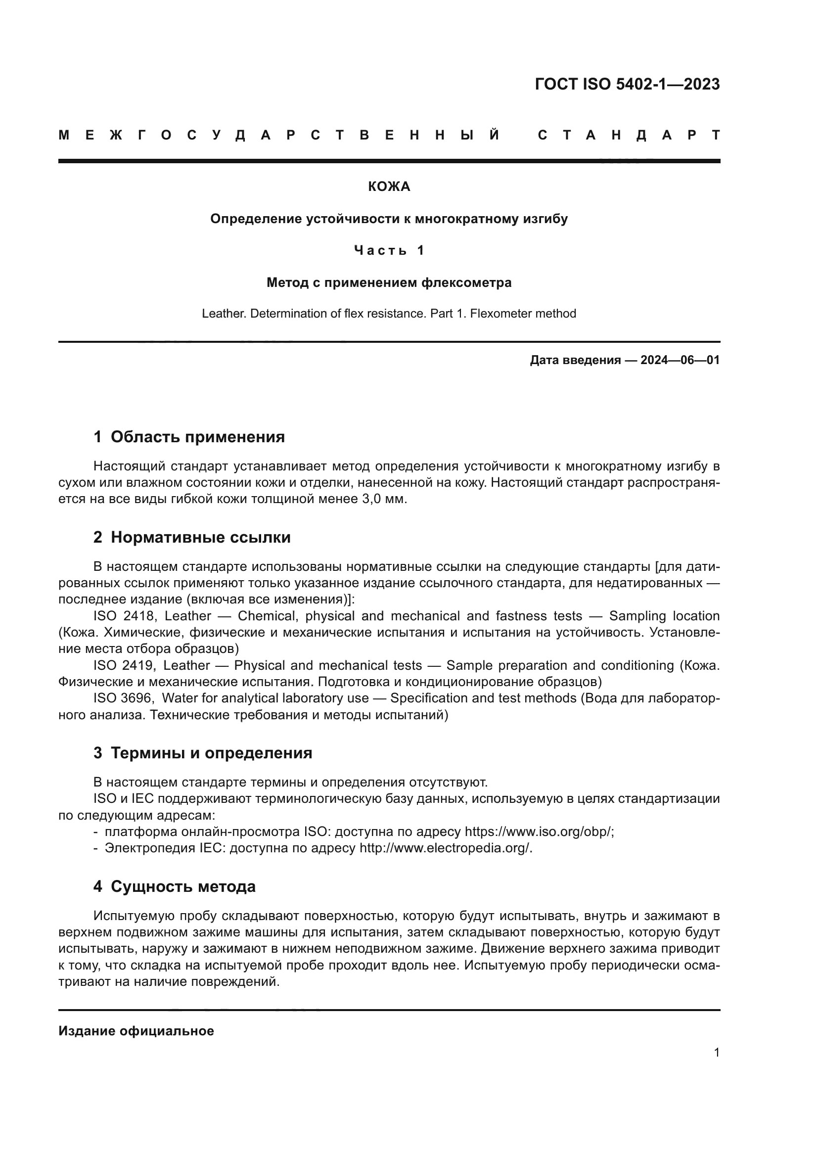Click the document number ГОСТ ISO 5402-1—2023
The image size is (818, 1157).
(627, 84)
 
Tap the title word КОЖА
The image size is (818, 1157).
(389, 187)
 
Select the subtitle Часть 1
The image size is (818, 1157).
(389, 250)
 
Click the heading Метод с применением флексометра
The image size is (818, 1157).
(389, 283)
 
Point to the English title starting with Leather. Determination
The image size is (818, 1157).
(389, 314)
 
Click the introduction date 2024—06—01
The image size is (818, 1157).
(680, 360)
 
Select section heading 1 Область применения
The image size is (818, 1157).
(189, 437)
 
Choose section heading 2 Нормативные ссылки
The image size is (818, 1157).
(192, 538)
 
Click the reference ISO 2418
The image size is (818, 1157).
(124, 616)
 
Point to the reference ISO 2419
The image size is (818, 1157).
(124, 666)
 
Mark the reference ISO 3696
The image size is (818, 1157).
(124, 698)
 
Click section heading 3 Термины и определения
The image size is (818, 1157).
(202, 753)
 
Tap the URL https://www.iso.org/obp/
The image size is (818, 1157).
(538, 832)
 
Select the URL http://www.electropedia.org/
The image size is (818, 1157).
(445, 849)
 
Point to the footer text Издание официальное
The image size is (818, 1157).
(136, 1031)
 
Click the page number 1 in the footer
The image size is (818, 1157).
(716, 1053)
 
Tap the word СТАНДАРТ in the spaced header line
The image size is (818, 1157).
(629, 135)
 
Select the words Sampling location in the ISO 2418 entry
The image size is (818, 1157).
(664, 616)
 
